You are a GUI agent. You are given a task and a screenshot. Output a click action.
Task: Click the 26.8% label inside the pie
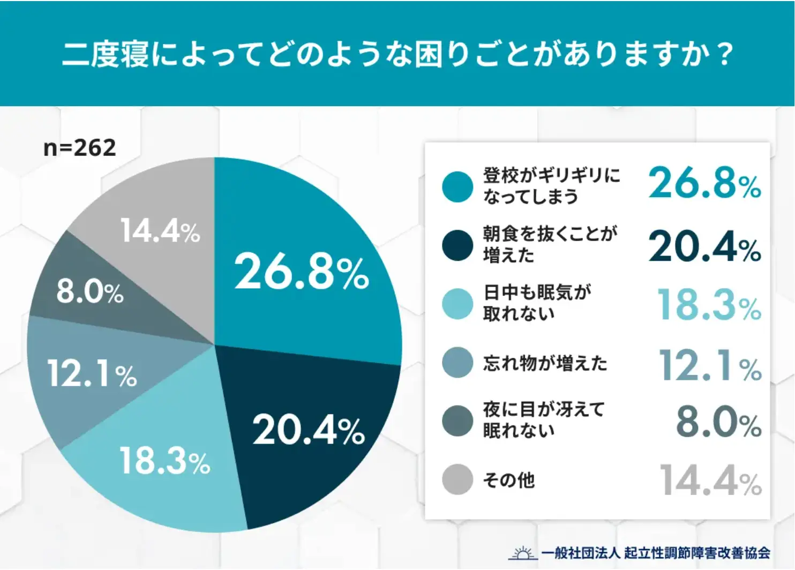coord(302,272)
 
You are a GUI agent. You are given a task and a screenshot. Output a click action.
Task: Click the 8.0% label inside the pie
coord(90,292)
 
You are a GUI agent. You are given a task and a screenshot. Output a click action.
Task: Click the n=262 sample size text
coord(79,148)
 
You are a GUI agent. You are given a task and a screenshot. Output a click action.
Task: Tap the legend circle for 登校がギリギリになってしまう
coord(457,187)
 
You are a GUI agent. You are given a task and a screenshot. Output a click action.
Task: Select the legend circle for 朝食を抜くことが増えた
coord(457,245)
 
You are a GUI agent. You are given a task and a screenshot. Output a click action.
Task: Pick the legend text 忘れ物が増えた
coord(545,363)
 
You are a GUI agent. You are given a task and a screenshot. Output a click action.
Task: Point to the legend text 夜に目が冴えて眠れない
coord(543,420)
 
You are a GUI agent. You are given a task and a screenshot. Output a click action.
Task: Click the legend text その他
coord(508,480)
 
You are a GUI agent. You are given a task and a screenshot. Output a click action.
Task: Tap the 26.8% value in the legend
coord(704,183)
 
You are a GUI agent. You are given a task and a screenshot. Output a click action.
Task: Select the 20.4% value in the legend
coord(704,247)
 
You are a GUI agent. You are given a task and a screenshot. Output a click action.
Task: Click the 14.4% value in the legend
coord(710,481)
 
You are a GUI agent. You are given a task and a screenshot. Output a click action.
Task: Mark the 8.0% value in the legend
coord(718,422)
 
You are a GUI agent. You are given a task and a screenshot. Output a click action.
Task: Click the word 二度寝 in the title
coord(106,55)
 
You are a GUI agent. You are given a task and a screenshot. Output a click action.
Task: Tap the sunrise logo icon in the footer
coord(522,553)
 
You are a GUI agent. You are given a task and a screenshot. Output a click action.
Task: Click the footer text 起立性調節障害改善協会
coord(697,553)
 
